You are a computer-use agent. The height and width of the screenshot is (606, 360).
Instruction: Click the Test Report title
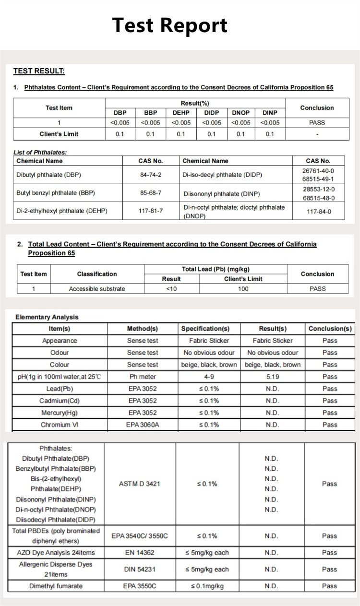169,25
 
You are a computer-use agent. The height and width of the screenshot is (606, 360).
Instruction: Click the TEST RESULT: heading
39,71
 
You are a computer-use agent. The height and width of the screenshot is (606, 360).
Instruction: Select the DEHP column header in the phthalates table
181,113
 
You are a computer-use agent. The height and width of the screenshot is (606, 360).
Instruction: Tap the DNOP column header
240,113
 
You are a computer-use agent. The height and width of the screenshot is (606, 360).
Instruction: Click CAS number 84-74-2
151,175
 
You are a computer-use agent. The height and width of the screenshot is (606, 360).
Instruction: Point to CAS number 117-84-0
319,211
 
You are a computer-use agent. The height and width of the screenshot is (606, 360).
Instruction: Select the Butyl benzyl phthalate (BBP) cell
56,193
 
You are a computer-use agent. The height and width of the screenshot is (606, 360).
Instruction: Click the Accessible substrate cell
96,289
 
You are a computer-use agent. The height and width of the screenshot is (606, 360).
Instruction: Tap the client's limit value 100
243,289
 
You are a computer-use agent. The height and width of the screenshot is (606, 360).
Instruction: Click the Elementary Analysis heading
47,317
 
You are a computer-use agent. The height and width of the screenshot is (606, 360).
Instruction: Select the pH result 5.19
272,377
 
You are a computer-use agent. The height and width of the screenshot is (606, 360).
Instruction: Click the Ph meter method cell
142,377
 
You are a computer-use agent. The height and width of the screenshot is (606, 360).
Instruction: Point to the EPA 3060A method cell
142,425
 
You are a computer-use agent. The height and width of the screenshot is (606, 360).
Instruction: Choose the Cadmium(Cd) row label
60,401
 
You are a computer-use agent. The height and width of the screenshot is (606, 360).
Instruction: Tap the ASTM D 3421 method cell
139,484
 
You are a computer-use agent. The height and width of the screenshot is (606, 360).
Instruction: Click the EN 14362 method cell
139,553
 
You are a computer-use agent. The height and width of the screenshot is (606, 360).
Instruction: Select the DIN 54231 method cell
139,570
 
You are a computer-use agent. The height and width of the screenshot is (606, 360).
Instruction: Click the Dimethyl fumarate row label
56,586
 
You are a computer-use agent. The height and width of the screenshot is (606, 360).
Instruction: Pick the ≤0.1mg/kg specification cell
207,586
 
